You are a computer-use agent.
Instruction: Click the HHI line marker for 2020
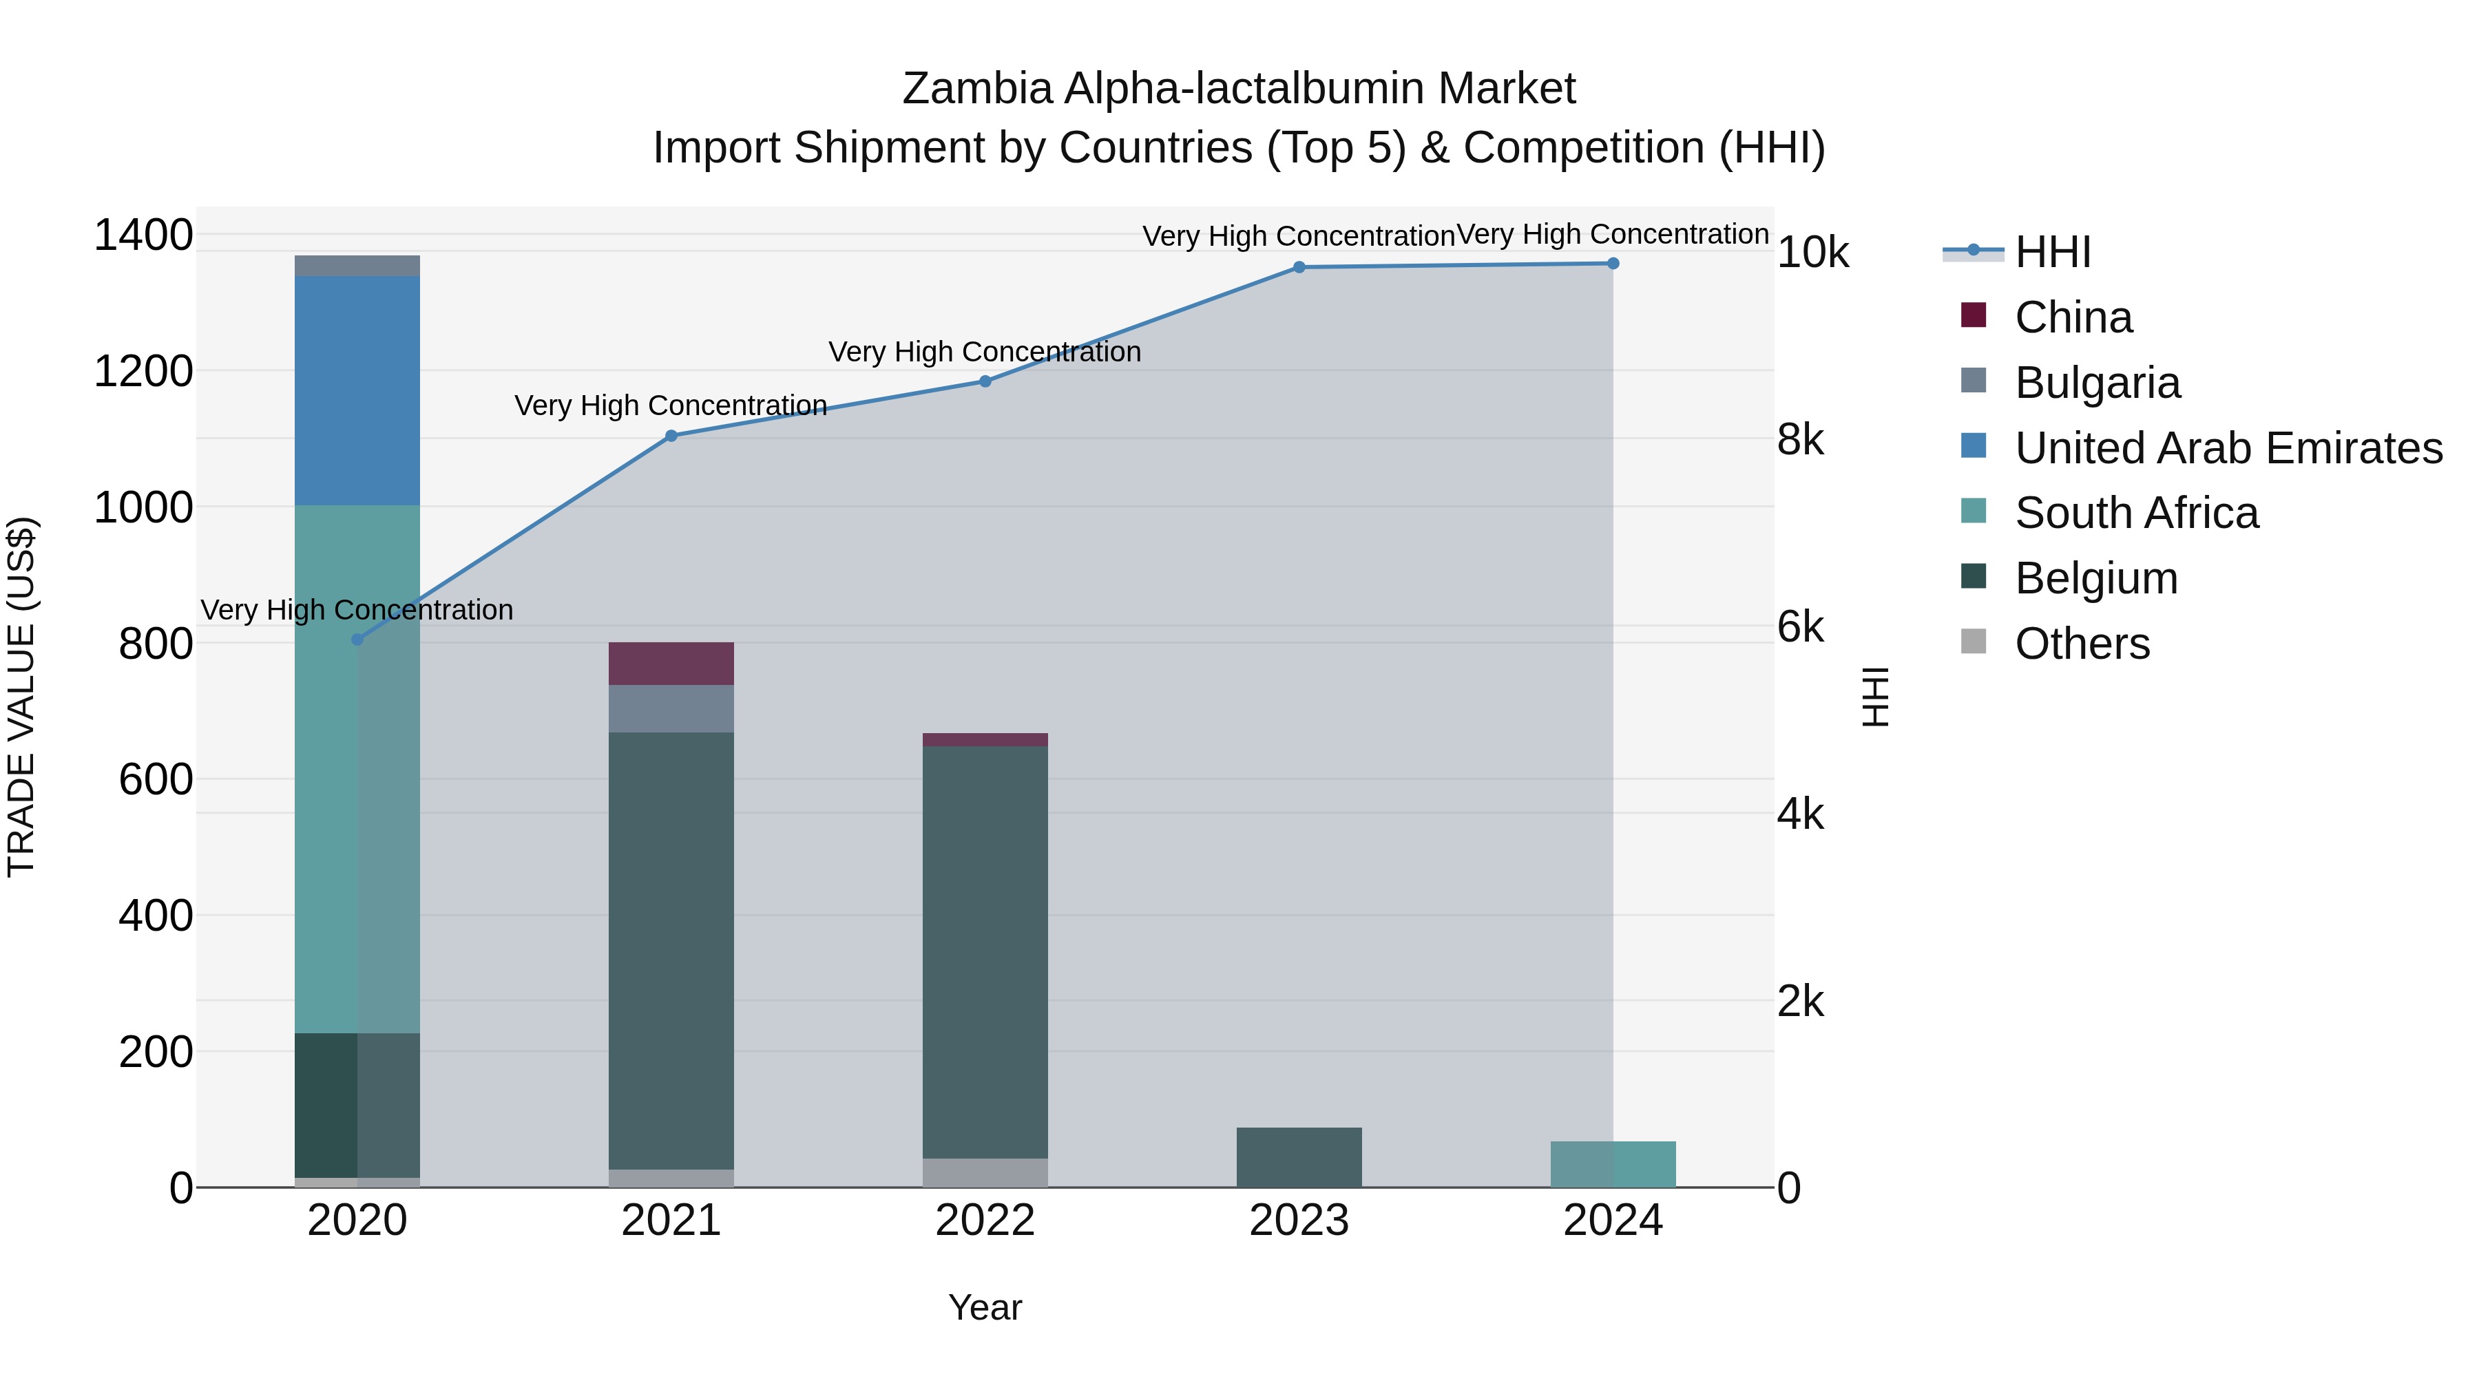pyautogui.click(x=357, y=640)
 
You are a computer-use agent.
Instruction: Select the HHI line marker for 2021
pyautogui.click(x=671, y=436)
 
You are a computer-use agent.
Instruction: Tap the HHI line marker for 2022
pyautogui.click(x=985, y=381)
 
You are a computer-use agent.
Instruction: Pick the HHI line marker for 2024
pyautogui.click(x=1613, y=264)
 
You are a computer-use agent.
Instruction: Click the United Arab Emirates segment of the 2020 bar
pyautogui.click(x=357, y=390)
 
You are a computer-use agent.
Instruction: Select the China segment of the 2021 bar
pyautogui.click(x=671, y=664)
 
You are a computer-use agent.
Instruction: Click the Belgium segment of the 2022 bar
pyautogui.click(x=985, y=953)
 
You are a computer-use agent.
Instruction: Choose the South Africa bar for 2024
pyautogui.click(x=1613, y=1164)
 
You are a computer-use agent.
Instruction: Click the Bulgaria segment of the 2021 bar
pyautogui.click(x=671, y=709)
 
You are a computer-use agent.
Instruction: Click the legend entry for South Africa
pyautogui.click(x=2135, y=513)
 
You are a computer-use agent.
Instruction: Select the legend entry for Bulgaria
pyautogui.click(x=2097, y=383)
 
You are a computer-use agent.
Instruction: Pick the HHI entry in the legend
pyautogui.click(x=2052, y=252)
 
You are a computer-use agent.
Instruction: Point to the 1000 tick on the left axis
pyautogui.click(x=143, y=507)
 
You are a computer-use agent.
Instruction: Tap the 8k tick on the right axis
pyautogui.click(x=1799, y=440)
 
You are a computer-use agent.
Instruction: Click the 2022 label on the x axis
pyautogui.click(x=985, y=1221)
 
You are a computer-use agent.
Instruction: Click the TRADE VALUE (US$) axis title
pyautogui.click(x=21, y=697)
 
